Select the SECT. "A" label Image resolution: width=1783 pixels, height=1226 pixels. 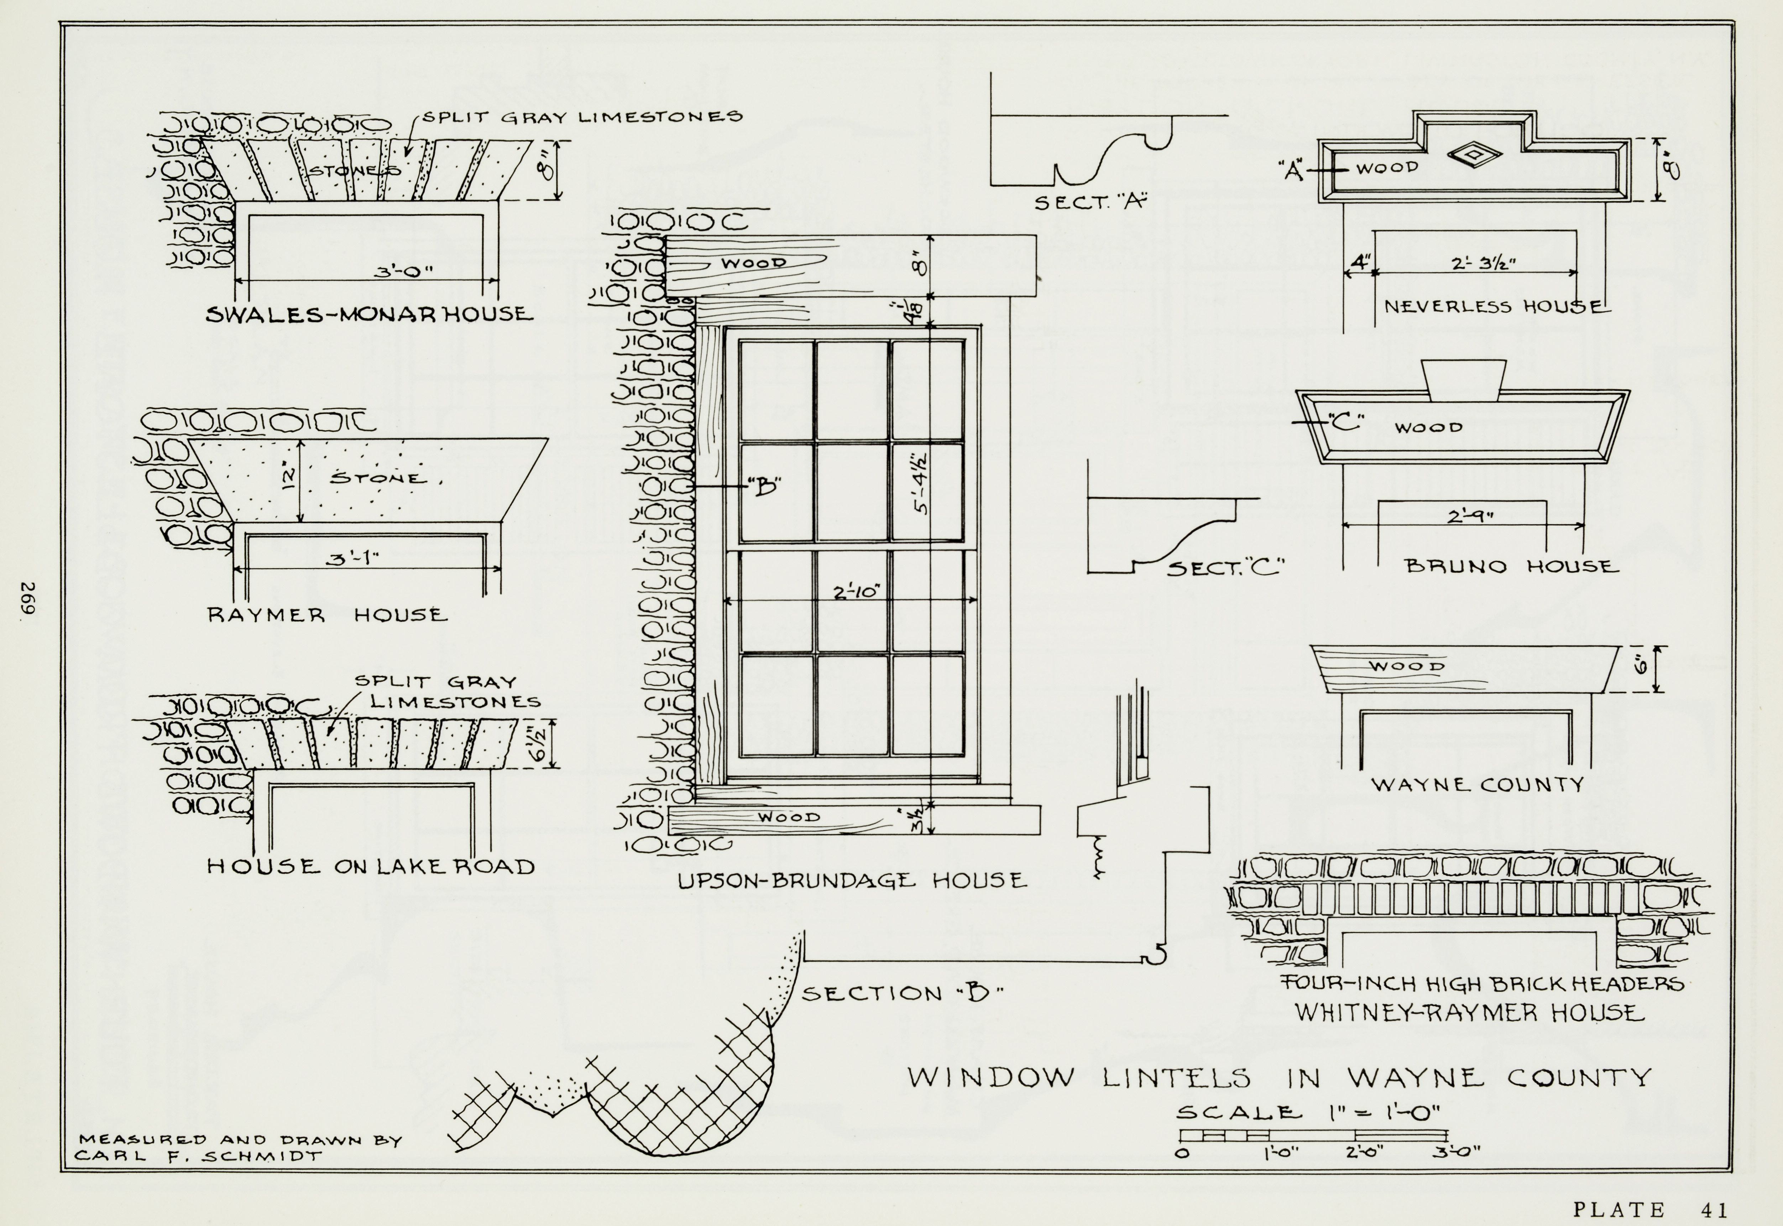click(x=1089, y=203)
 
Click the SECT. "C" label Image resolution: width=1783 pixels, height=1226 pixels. click(x=1225, y=568)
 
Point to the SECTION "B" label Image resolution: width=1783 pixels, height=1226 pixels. click(x=902, y=993)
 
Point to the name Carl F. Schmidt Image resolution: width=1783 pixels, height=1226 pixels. click(x=198, y=1155)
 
